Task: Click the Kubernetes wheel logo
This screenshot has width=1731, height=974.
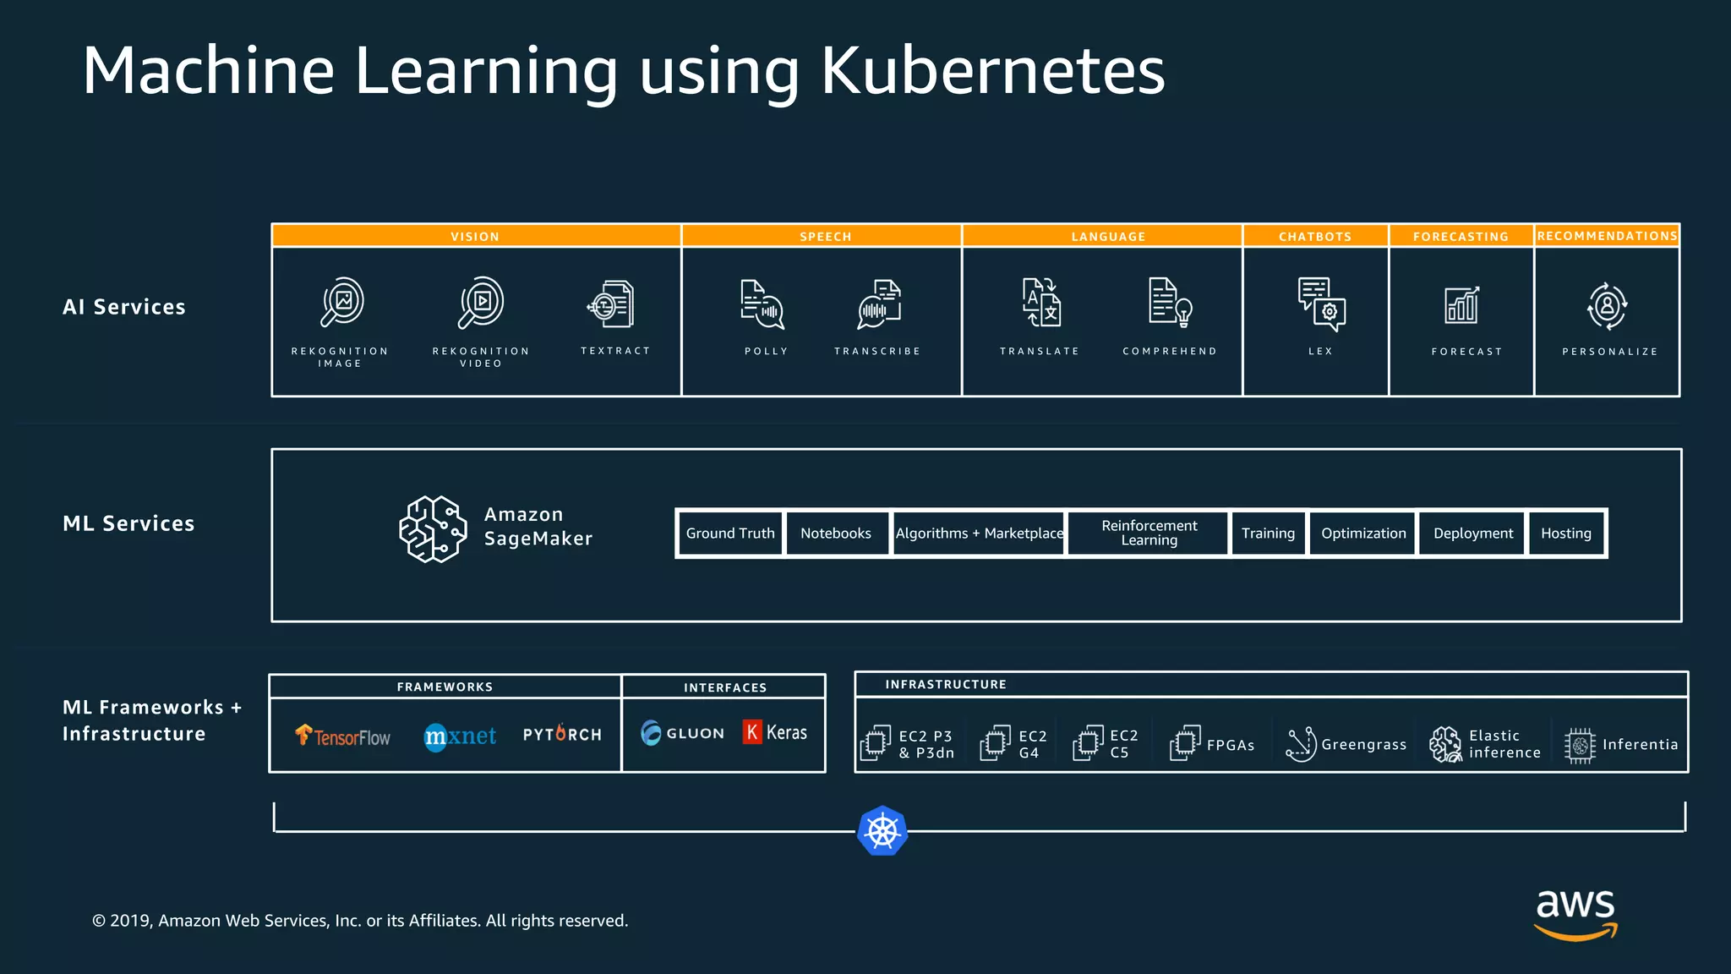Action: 882,830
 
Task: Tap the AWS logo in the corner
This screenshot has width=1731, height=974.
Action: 1575,913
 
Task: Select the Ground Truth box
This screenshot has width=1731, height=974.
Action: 730,534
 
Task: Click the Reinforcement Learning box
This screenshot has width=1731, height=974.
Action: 1149,534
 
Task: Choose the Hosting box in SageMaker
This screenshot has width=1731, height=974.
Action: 1565,534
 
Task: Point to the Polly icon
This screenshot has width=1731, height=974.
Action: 762,304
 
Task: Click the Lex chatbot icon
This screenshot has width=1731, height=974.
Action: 1321,304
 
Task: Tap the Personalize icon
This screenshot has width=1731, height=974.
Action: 1607,305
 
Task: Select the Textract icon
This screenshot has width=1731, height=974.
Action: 611,304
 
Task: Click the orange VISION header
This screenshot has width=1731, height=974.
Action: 475,236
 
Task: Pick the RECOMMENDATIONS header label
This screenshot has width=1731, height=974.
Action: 1607,236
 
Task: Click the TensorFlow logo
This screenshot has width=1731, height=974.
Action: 342,736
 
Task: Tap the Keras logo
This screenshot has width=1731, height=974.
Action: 775,732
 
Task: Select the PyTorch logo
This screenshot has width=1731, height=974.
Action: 562,734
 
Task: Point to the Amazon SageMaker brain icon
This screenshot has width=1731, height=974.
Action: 433,529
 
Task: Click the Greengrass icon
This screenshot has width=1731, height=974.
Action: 1301,744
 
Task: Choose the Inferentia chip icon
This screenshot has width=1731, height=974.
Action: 1579,745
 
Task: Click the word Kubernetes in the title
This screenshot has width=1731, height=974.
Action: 992,71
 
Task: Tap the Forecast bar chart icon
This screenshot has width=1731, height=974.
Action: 1461,305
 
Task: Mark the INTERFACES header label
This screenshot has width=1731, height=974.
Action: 725,687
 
